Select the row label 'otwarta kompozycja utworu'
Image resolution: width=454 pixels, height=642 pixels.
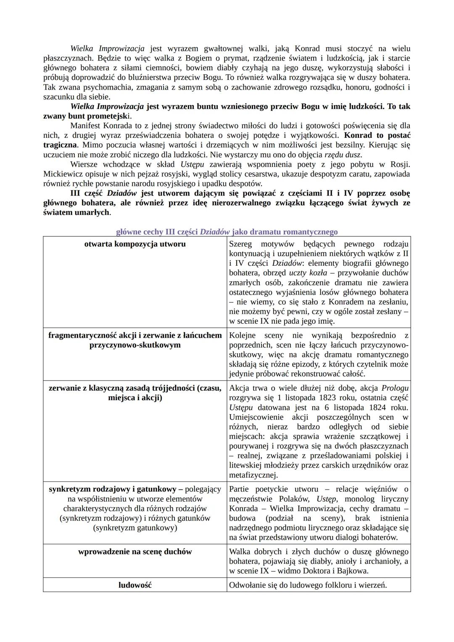[x=135, y=244]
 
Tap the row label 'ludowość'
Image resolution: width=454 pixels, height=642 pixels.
[x=135, y=585]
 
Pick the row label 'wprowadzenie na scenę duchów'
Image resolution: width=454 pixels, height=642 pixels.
[x=135, y=552]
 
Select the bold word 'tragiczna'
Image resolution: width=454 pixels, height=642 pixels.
[x=60, y=145]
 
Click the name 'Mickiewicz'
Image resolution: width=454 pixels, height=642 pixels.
[x=63, y=174]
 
